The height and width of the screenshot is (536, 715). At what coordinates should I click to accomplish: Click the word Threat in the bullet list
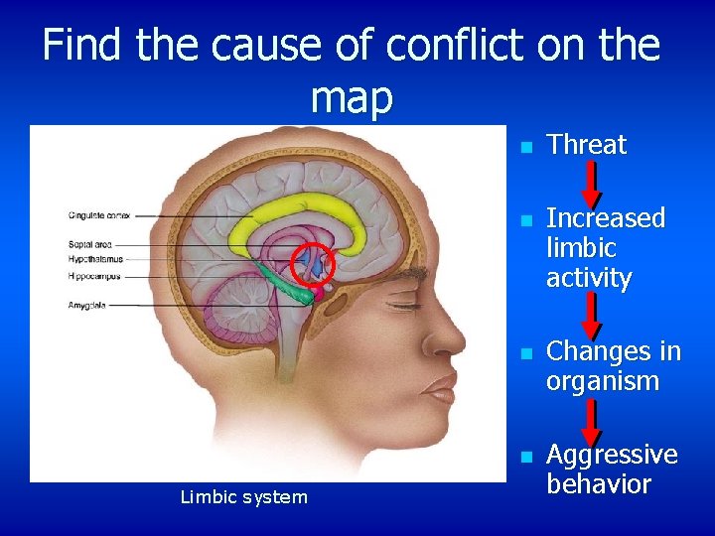pos(587,145)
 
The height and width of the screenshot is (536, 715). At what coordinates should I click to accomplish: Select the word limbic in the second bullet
pos(581,248)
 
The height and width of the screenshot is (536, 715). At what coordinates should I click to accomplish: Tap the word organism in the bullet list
pos(603,381)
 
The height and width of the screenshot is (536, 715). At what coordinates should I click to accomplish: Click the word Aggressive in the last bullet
pos(612,455)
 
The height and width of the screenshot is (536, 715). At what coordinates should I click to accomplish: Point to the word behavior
pos(598,484)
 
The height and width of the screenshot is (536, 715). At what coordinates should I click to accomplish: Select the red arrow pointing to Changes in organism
pos(590,315)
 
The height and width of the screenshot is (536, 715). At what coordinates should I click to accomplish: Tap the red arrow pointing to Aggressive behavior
pos(590,421)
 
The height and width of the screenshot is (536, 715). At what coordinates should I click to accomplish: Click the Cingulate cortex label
pos(100,214)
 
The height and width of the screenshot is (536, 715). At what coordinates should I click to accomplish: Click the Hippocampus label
pos(94,276)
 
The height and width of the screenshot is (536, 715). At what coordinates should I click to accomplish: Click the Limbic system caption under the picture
pos(244,496)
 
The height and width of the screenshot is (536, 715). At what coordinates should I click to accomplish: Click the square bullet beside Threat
pos(527,147)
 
